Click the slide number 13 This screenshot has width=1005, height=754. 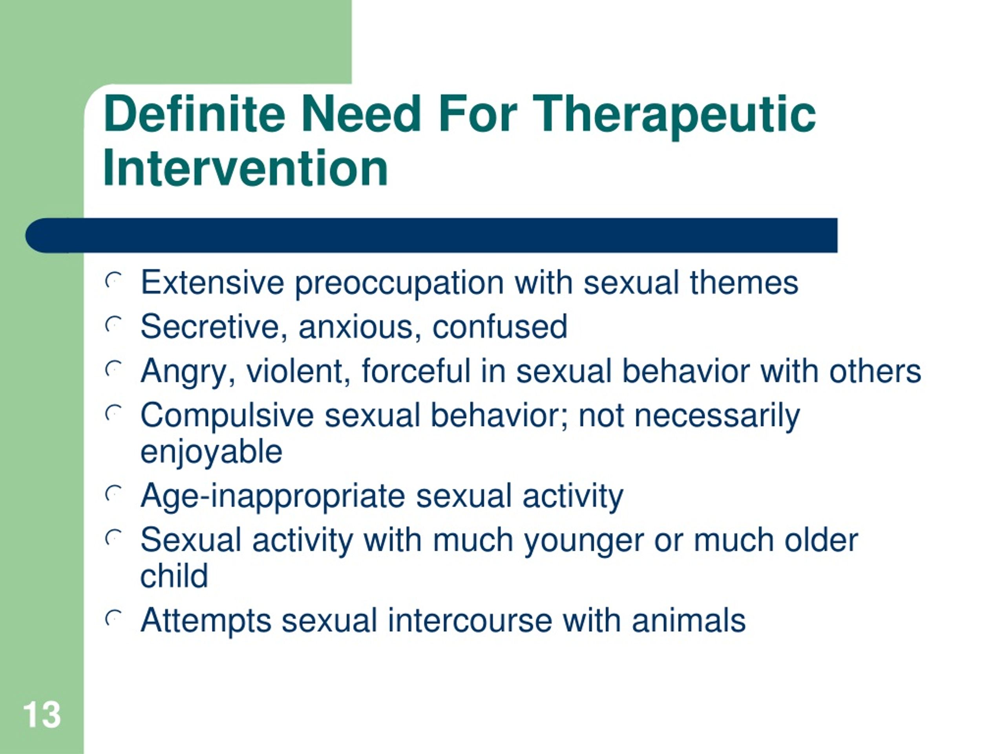pos(41,714)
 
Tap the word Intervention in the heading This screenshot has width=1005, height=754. pos(245,168)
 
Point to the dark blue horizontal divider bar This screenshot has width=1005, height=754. pos(431,235)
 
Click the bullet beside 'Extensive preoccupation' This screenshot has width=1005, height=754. pos(113,281)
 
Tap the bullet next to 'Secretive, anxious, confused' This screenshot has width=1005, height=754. pos(113,325)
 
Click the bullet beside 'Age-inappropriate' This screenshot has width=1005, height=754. pos(113,494)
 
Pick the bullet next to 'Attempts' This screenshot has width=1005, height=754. pos(113,618)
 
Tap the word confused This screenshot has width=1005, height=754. pos(500,326)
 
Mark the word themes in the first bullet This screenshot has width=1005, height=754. pos(744,282)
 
